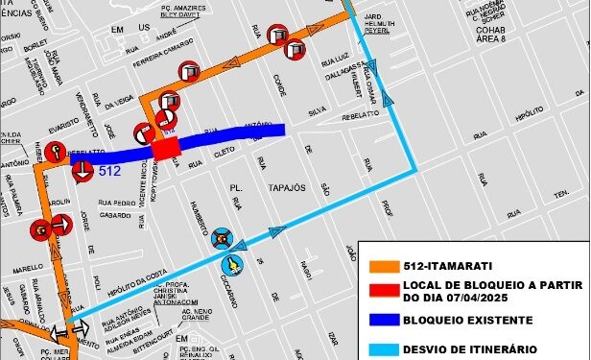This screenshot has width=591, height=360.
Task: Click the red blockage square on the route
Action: [166, 150]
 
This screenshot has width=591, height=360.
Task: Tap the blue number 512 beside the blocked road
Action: [109, 172]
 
